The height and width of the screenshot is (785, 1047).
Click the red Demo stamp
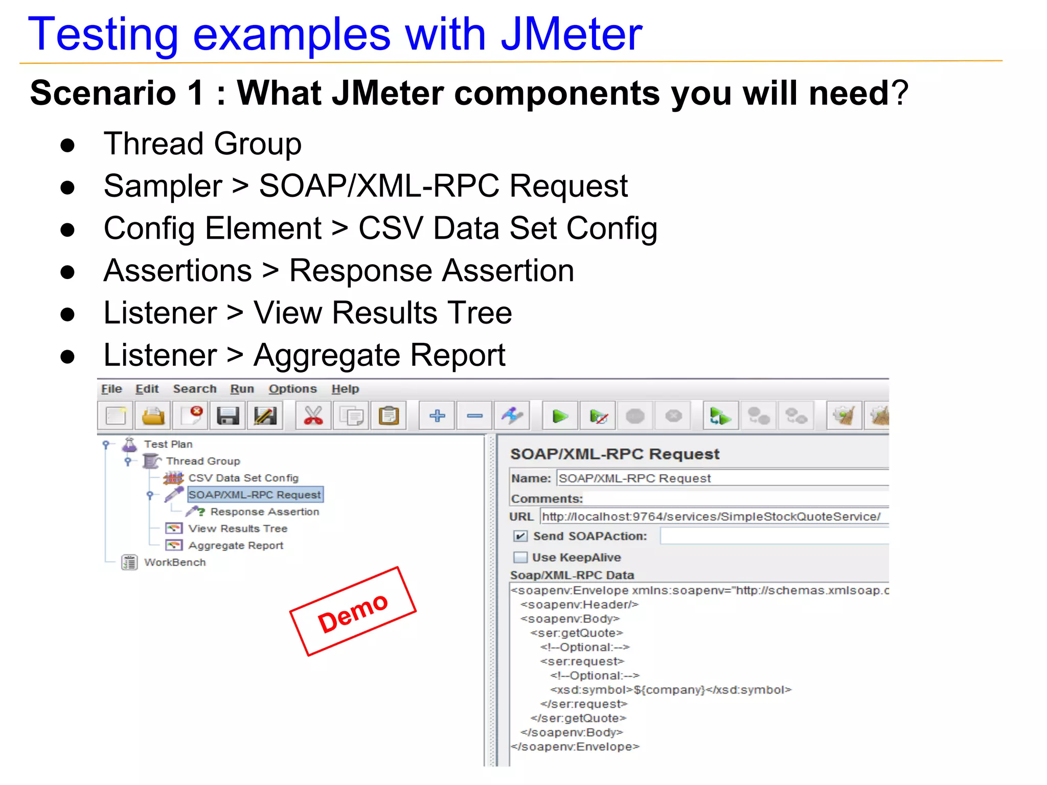pos(353,612)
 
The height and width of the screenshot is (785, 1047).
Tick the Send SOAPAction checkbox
pos(520,536)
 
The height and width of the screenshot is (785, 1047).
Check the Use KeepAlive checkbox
pos(520,557)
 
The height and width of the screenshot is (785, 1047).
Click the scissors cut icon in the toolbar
pos(313,415)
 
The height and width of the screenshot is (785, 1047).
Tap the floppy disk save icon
pos(227,415)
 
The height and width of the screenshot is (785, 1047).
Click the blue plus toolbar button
pos(437,415)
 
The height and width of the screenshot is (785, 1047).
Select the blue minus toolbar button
pos(475,415)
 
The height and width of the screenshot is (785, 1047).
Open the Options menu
pos(292,389)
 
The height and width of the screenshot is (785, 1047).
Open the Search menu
pos(194,389)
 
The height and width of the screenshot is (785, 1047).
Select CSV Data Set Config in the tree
pos(243,478)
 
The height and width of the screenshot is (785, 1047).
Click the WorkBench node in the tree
pos(174,562)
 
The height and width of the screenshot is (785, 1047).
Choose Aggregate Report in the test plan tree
pos(235,545)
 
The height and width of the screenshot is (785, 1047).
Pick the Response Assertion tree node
pos(264,512)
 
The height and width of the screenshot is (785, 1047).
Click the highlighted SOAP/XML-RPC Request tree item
pos(255,495)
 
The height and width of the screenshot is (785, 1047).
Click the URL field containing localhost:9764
pos(711,517)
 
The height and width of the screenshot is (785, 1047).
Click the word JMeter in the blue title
pos(571,35)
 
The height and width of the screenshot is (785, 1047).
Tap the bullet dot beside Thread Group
pos(67,145)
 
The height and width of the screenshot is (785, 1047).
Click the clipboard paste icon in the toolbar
pos(389,415)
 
